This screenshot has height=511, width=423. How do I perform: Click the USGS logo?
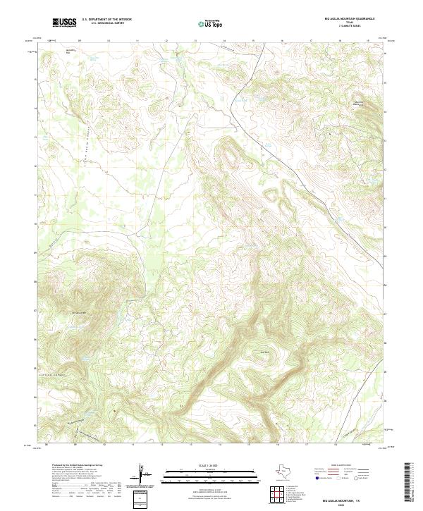pyautogui.click(x=65, y=23)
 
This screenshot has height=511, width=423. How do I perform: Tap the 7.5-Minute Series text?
pyautogui.click(x=349, y=27)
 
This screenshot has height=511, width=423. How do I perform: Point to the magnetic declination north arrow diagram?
pyautogui.click(x=141, y=475)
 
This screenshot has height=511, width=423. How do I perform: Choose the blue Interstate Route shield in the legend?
pyautogui.click(x=317, y=478)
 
